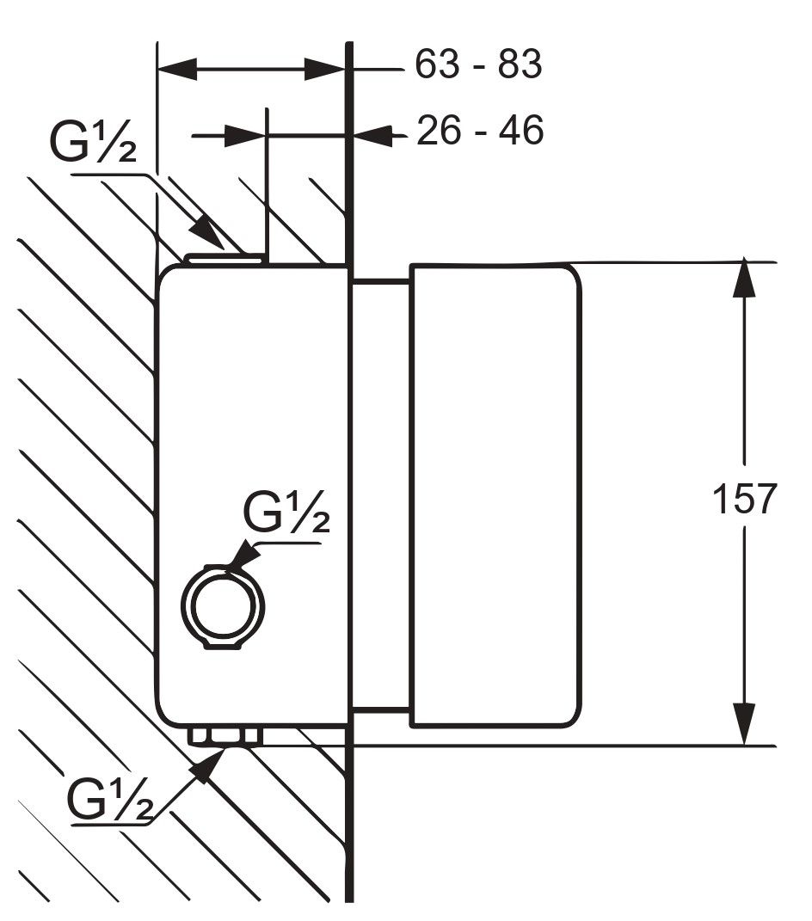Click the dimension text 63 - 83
[478, 64]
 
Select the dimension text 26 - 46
[480, 131]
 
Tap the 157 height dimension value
[745, 500]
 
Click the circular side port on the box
[223, 607]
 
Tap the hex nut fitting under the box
[225, 737]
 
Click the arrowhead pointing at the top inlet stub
[207, 233]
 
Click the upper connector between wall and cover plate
[379, 280]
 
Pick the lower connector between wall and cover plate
[379, 710]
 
